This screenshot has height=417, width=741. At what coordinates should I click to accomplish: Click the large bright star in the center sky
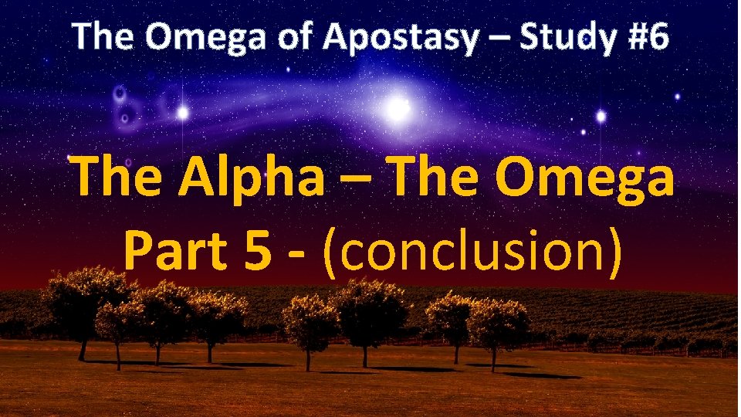[398, 109]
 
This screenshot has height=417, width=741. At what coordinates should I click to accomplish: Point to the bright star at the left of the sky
[183, 114]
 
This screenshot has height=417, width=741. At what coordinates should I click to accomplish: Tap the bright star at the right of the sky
[601, 116]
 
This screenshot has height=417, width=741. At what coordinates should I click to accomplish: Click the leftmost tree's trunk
[83, 349]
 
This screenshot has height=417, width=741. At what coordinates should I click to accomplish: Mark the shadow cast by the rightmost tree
[540, 375]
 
